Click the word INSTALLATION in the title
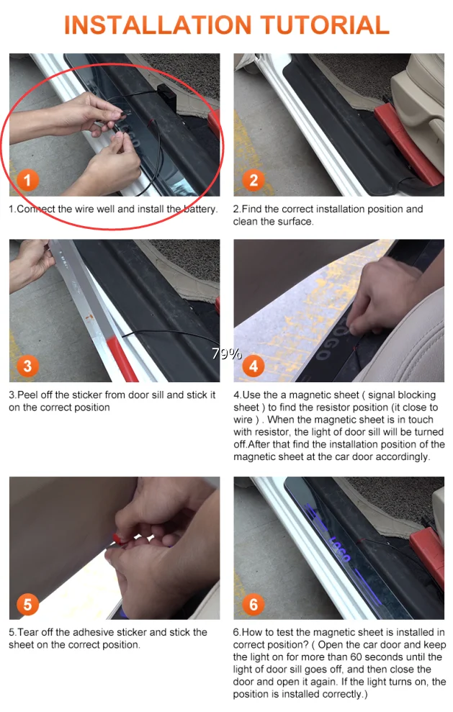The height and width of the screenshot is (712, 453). click(158, 25)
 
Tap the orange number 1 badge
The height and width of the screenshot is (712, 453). click(27, 180)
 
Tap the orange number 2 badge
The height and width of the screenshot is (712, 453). click(254, 180)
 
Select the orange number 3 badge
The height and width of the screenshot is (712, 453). click(27, 366)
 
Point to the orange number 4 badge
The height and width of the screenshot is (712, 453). click(254, 366)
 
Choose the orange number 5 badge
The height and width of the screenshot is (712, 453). click(27, 605)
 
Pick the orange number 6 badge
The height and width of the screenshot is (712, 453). click(254, 605)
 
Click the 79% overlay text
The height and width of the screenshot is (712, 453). click(227, 353)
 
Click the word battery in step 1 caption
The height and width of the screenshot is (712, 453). click(200, 209)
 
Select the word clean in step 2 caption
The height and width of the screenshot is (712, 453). click(246, 222)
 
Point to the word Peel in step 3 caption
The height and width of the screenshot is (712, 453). click(27, 395)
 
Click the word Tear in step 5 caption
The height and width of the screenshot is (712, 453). click(27, 632)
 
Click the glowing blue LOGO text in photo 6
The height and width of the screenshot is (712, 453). click(339, 549)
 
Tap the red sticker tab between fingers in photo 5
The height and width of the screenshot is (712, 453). click(117, 539)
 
